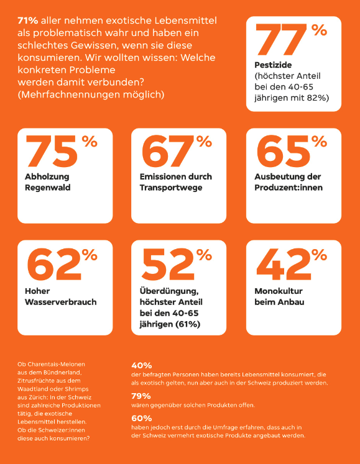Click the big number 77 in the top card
tap(282, 40)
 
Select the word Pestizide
tap(273, 65)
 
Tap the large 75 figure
tap(52, 152)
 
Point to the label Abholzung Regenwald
tap(48, 182)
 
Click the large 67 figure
tap(168, 152)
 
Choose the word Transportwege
tap(171, 188)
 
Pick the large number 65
tap(284, 152)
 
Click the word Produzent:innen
tap(288, 188)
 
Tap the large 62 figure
tap(54, 264)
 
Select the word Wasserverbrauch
tap(61, 302)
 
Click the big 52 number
tap(168, 264)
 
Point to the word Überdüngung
tap(169, 291)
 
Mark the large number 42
tap(284, 264)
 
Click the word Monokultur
tap(279, 291)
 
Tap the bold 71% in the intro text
tap(28, 20)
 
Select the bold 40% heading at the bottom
tap(142, 366)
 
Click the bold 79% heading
tap(141, 396)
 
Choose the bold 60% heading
tap(142, 419)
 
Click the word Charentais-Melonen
tap(51, 364)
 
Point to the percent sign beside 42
tap(319, 255)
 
